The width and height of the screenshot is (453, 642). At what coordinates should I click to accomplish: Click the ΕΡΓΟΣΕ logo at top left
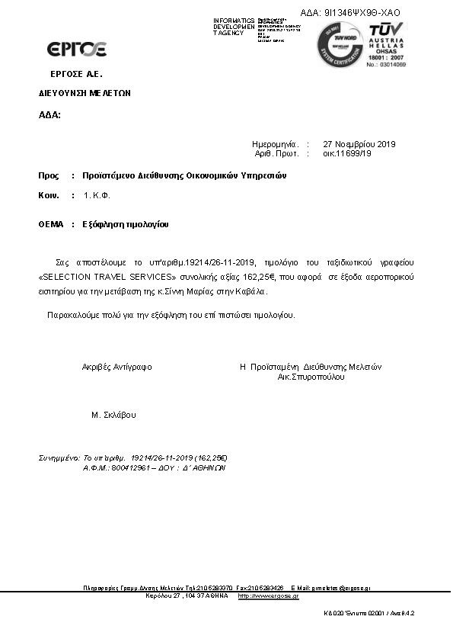[77, 50]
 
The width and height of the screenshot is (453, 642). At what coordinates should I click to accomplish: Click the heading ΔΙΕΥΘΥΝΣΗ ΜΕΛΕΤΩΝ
[85, 93]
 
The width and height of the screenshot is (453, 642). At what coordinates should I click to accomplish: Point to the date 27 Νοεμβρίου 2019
[359, 144]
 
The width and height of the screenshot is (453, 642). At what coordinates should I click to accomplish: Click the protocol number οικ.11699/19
[347, 153]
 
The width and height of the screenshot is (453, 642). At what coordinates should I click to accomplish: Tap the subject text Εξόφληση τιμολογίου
[126, 225]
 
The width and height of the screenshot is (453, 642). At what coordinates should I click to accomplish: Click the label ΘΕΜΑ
[51, 225]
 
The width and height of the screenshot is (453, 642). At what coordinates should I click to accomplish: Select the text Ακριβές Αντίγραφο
[116, 367]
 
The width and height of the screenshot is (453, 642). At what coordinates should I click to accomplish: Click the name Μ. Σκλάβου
[113, 416]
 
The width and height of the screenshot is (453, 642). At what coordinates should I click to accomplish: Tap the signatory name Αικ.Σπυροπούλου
[311, 377]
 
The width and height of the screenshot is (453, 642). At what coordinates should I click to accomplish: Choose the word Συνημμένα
[59, 458]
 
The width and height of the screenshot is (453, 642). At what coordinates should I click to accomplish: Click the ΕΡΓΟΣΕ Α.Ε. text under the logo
[76, 74]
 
